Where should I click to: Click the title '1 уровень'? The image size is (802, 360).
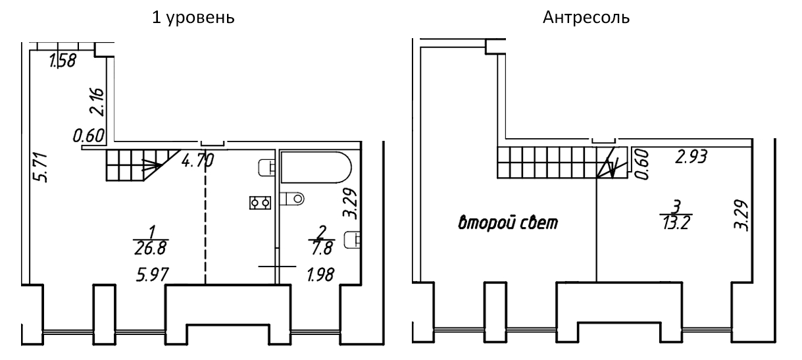coord(193,17)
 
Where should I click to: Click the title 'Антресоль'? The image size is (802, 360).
coord(586,17)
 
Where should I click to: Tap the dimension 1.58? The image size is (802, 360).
coord(63,60)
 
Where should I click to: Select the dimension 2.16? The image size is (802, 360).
coord(97,102)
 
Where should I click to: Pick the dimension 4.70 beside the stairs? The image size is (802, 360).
coord(197,160)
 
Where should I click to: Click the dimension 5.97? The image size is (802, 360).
coord(152,274)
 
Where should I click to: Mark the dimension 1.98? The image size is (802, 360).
coord(320,274)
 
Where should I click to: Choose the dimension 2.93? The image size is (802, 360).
coord(691,157)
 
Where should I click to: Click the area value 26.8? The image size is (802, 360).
coord(150,248)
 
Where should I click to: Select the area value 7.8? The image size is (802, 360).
coord(322,248)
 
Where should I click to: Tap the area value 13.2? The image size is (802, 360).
coord(676,222)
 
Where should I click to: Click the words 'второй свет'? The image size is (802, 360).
coord(508,222)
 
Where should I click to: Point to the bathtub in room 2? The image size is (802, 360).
coord(316,167)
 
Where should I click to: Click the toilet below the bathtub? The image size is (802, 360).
coord(292,198)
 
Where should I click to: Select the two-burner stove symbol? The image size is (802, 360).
coord(261,203)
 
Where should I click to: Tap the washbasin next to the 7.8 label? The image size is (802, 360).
coord(352,240)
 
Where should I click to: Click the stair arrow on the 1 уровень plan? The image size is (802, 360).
coord(151,165)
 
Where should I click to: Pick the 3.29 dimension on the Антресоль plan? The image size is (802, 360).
coord(741,215)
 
